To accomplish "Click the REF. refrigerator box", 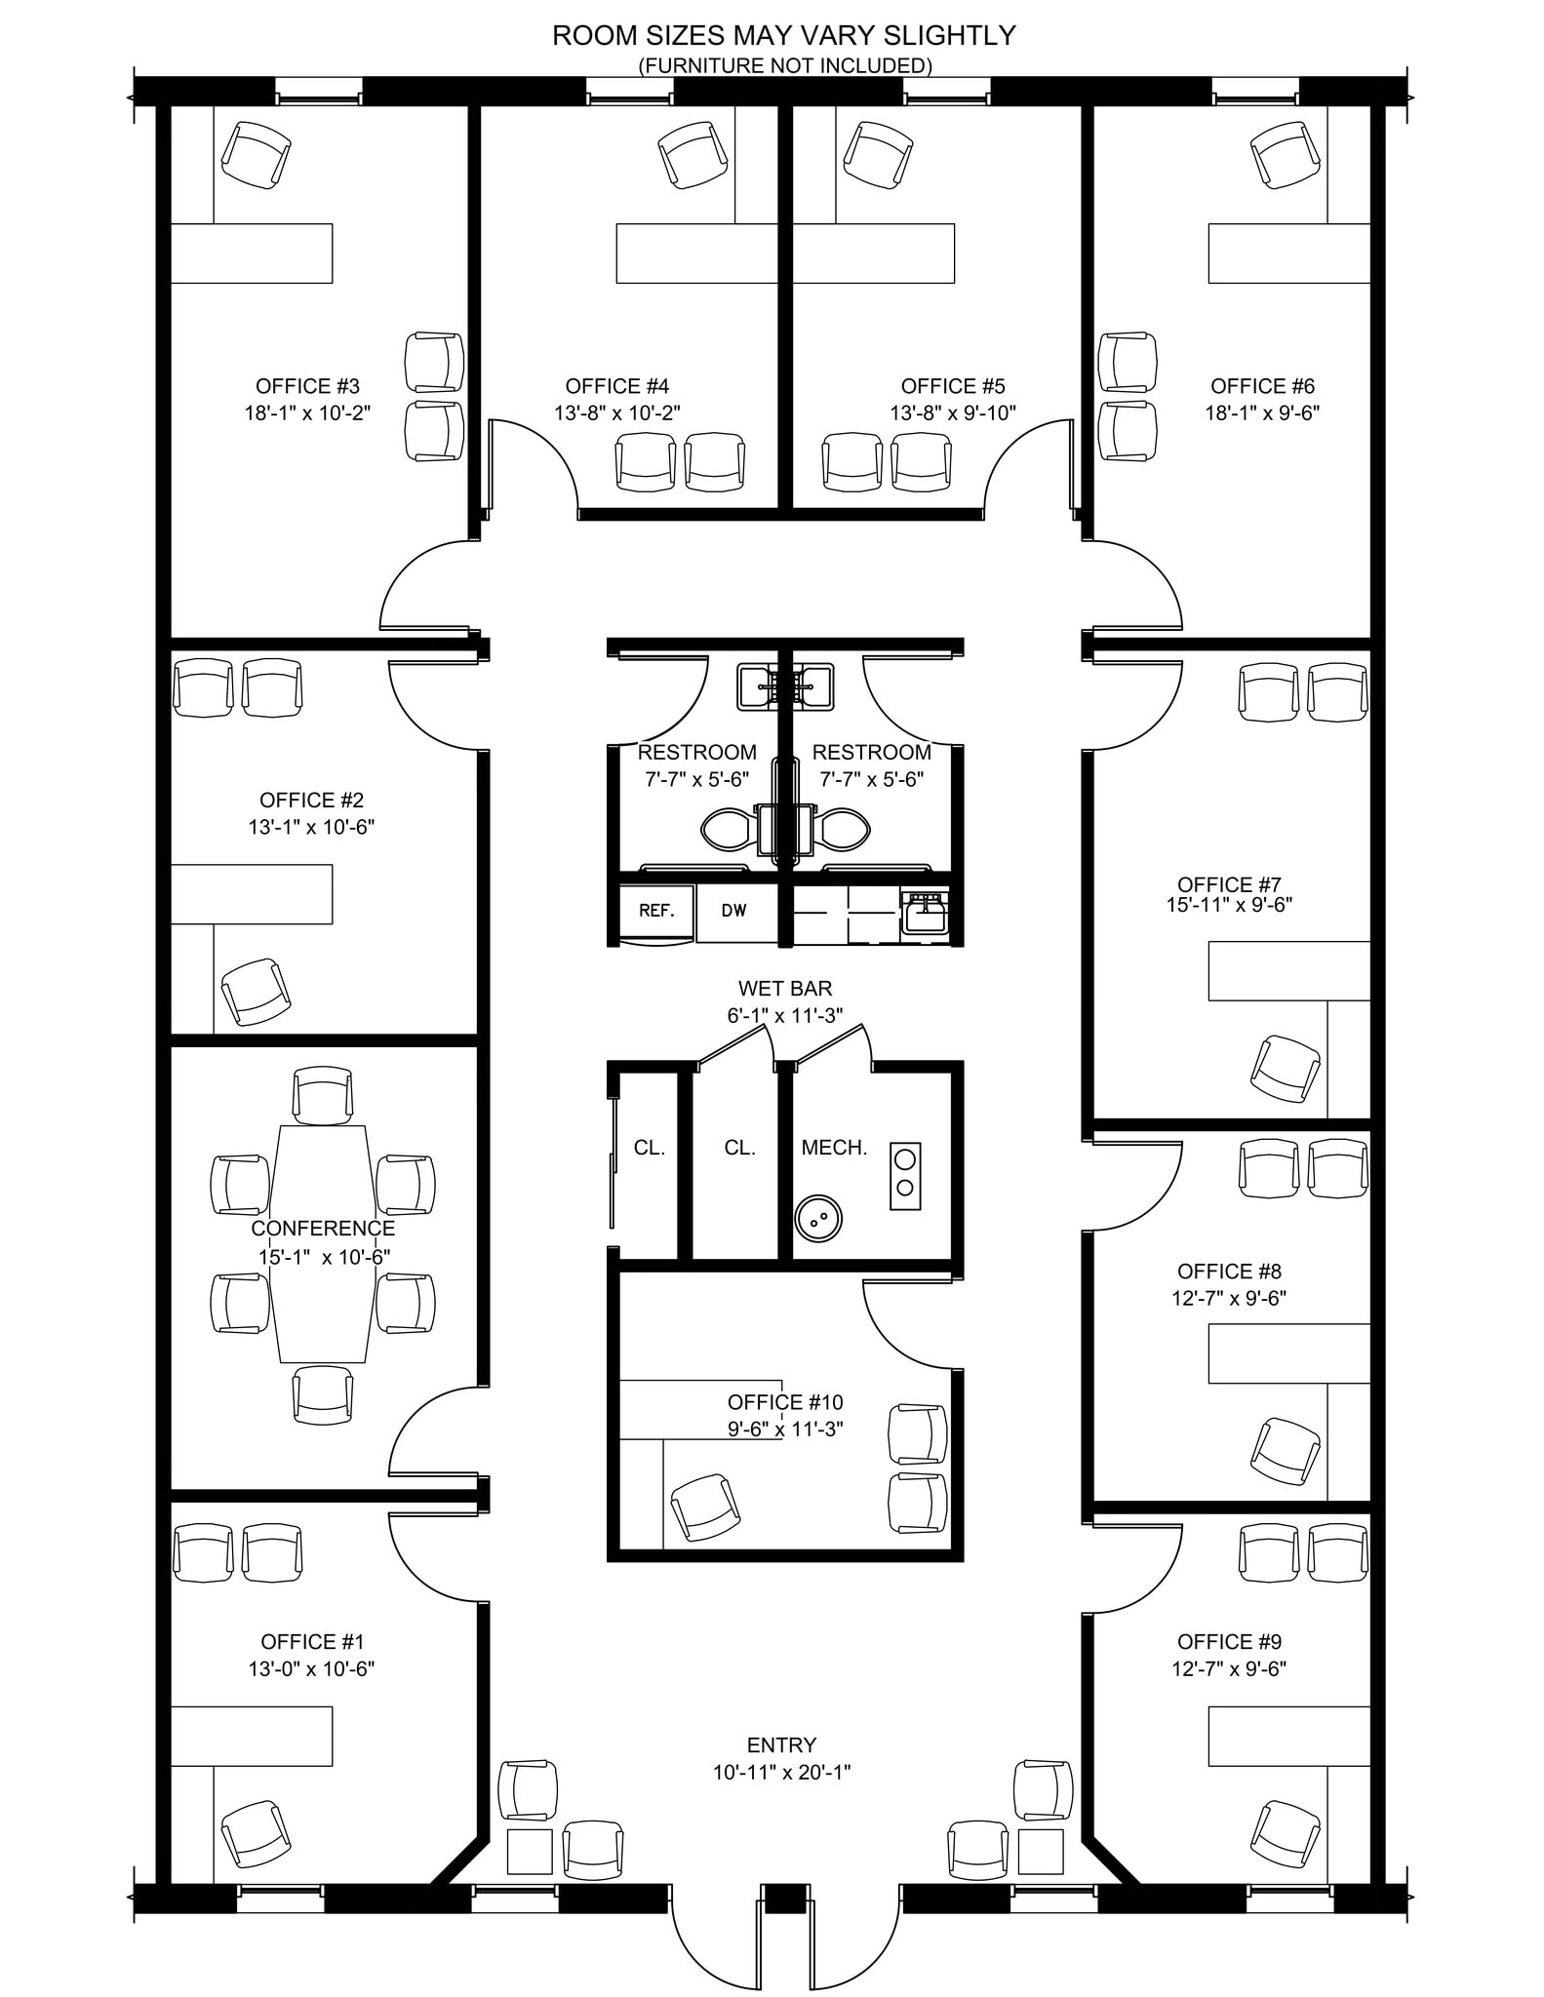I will point(657,911).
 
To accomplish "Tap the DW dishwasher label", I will point(733,911).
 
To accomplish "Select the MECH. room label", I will point(834,1148).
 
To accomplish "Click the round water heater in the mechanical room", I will point(818,1217).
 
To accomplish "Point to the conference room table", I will point(323,1243).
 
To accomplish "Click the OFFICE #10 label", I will point(784,1402).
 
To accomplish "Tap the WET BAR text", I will point(784,989).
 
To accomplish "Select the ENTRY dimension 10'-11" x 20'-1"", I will point(781,1772).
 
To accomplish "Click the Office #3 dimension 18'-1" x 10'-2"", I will point(307,412).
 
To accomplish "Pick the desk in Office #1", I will point(252,1736).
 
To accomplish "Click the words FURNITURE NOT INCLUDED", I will point(784,65).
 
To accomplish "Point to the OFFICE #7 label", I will point(1228,884).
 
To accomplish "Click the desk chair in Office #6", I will point(1286,154).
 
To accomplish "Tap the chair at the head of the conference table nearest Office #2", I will point(323,1094).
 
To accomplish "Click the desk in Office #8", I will point(1288,1352).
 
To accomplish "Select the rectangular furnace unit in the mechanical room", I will point(904,1175).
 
